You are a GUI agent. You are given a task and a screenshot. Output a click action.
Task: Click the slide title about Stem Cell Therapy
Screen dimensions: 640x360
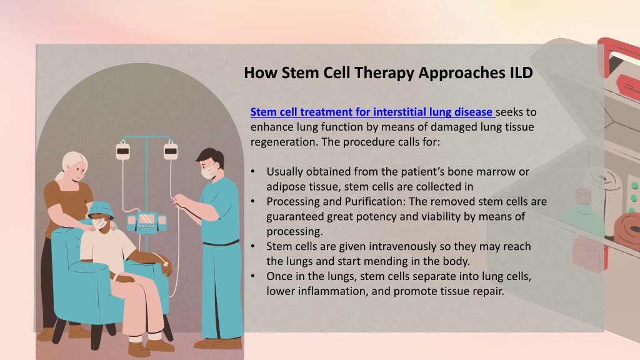click(x=388, y=72)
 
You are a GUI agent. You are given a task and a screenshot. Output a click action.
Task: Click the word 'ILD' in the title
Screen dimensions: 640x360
click(x=521, y=72)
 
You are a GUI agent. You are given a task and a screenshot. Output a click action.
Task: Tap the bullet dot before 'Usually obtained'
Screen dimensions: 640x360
click(x=253, y=171)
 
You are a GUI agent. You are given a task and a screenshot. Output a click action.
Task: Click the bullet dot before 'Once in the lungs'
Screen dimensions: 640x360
click(x=253, y=276)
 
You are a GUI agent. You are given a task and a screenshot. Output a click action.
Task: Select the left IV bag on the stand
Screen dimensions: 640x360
click(x=123, y=150)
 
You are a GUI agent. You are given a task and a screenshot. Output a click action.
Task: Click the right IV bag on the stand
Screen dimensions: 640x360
click(x=171, y=150)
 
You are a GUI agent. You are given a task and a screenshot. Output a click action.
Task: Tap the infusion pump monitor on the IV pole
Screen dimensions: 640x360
click(x=146, y=221)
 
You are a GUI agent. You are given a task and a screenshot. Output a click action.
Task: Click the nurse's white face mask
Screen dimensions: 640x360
click(x=209, y=171)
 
